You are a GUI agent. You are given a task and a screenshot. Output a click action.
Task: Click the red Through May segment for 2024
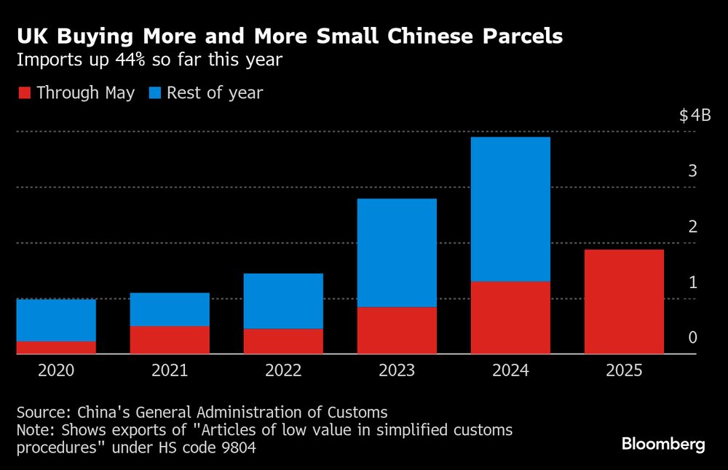coord(510,317)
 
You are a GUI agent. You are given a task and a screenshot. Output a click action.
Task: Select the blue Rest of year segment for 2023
coord(397,252)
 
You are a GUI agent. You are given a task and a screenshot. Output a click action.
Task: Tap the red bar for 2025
coord(624,301)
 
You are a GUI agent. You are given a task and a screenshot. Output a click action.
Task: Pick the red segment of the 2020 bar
coord(56,348)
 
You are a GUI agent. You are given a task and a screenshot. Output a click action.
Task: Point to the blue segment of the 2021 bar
coord(170,309)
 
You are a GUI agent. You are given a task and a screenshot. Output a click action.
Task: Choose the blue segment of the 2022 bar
coord(283,301)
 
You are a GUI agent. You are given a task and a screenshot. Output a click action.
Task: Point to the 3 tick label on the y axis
coord(693,171)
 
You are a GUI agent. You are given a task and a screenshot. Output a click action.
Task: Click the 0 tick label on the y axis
coord(693,338)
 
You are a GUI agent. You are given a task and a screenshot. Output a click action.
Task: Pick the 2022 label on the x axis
coord(283,371)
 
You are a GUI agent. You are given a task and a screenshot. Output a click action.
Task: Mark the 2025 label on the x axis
coord(624,371)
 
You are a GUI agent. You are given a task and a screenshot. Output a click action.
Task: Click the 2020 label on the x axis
coord(56,371)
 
